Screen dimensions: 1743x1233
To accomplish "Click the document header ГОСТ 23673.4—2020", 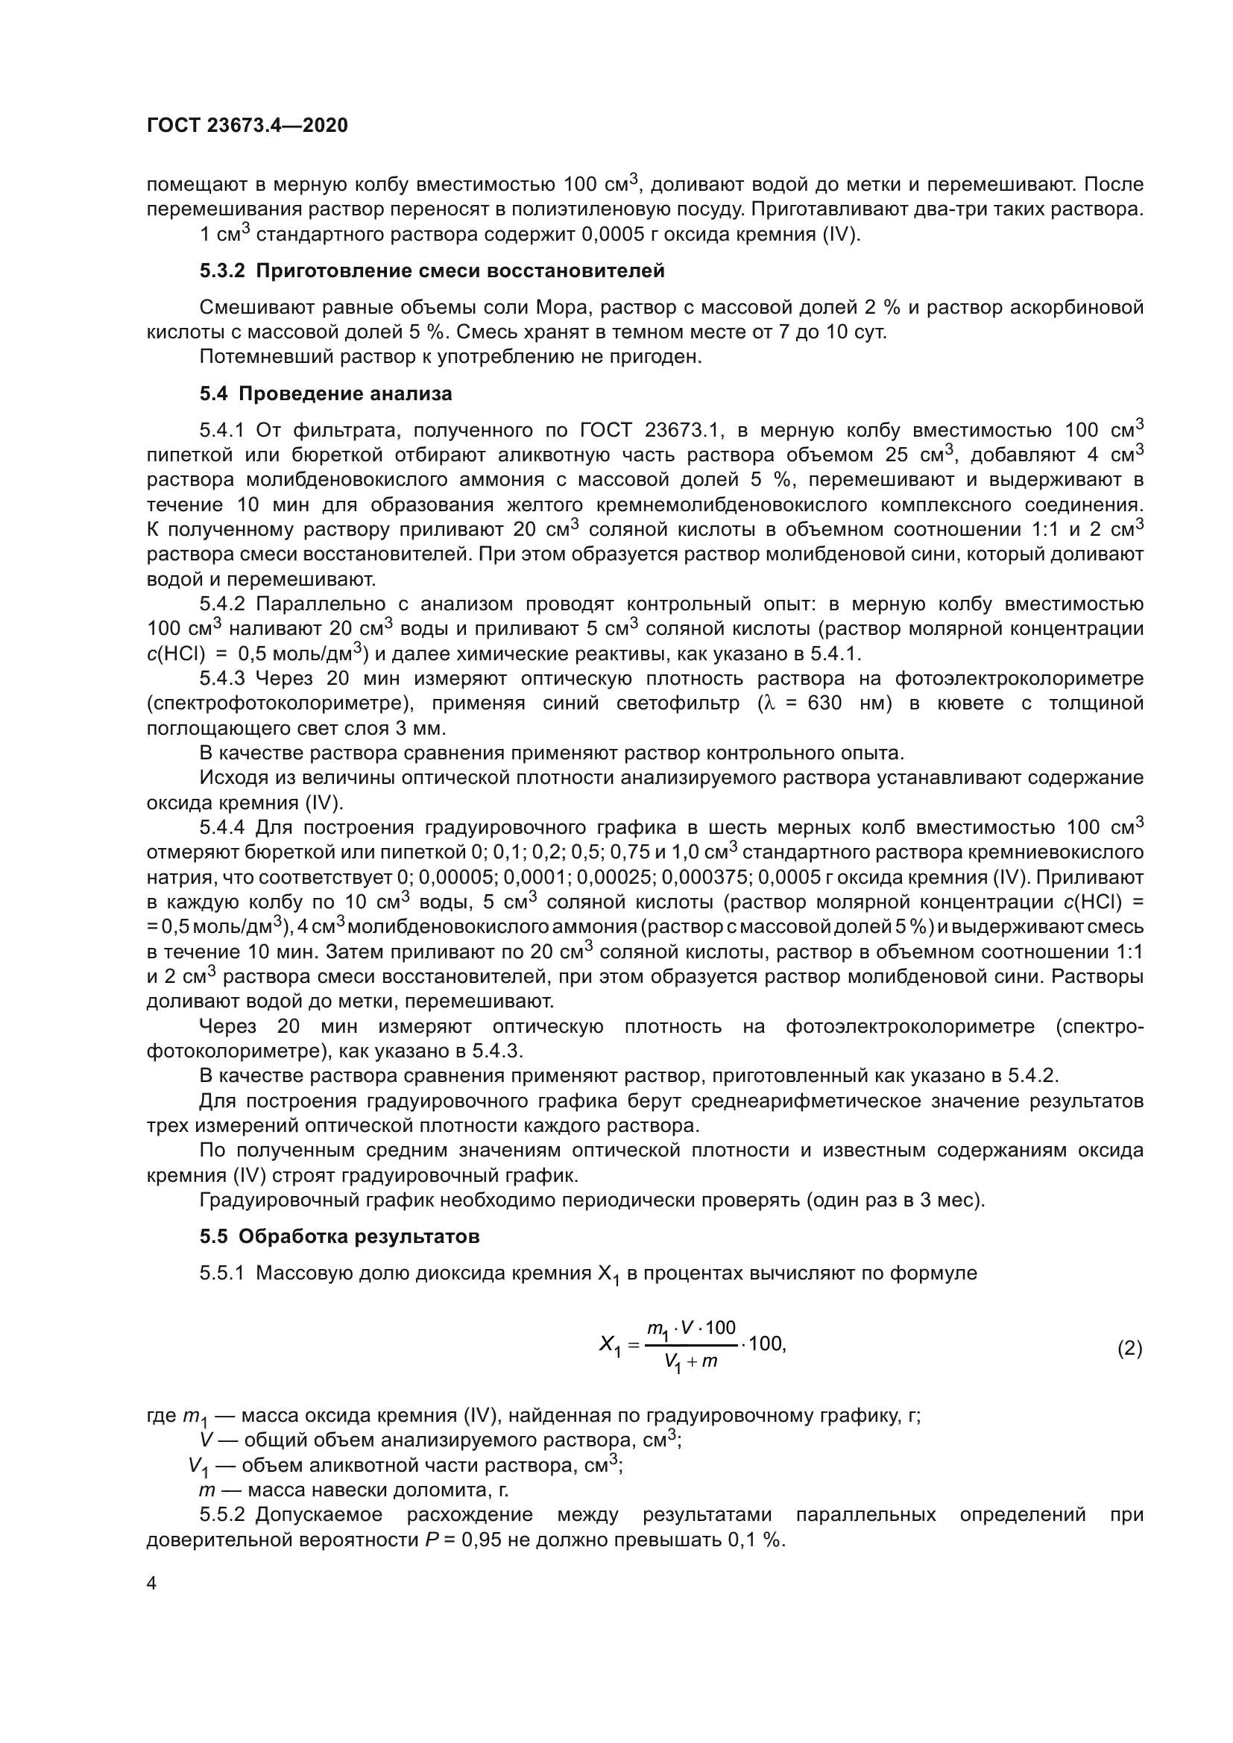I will coord(247,125).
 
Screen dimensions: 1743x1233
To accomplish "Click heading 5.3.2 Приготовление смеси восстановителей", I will coord(432,271).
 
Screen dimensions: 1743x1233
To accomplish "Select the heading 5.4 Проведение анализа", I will coord(326,393).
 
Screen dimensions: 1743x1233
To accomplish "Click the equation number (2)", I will coord(1129,1348).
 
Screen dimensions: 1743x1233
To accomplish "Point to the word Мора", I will coord(560,308).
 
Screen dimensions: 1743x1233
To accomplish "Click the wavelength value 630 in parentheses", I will coord(824,703).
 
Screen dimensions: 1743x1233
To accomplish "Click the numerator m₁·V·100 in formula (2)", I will coord(691,1329).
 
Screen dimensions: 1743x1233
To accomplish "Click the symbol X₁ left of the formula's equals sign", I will coord(610,1346).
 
